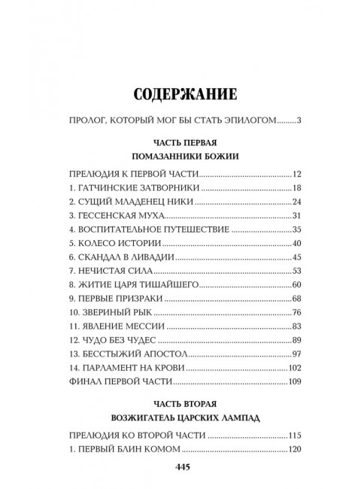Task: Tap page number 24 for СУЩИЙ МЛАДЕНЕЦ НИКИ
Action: (296, 202)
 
